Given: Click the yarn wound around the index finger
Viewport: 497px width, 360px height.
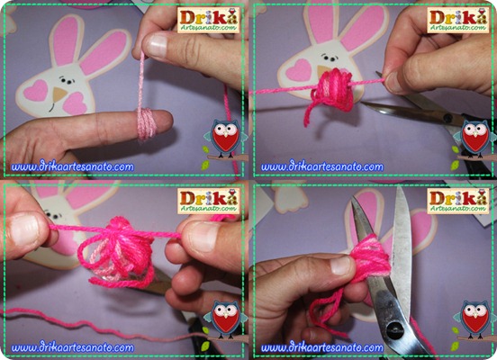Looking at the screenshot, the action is [146, 123].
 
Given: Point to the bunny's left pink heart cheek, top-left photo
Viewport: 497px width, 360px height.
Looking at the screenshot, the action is [36, 91].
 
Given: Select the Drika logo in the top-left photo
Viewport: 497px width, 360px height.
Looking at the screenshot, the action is [208, 20].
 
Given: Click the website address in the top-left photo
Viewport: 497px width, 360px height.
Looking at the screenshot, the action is [72, 166].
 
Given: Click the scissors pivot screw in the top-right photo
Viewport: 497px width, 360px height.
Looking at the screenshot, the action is [447, 119].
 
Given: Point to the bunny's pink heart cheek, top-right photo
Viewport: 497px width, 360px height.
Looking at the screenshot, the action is [299, 70].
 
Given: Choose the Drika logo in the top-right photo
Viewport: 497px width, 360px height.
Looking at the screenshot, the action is [458, 20].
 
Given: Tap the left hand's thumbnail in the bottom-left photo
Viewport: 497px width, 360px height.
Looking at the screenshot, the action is [24, 229].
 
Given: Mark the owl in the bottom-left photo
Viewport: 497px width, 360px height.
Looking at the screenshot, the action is [225, 319].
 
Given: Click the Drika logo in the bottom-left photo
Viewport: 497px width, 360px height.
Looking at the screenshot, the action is [208, 201].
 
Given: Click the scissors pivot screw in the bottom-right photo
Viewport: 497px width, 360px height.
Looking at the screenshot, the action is [395, 330].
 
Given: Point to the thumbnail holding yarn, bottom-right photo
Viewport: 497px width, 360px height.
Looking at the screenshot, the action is [342, 265].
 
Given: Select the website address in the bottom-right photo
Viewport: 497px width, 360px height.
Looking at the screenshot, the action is [322, 347].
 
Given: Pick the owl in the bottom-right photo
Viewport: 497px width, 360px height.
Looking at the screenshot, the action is [475, 319].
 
